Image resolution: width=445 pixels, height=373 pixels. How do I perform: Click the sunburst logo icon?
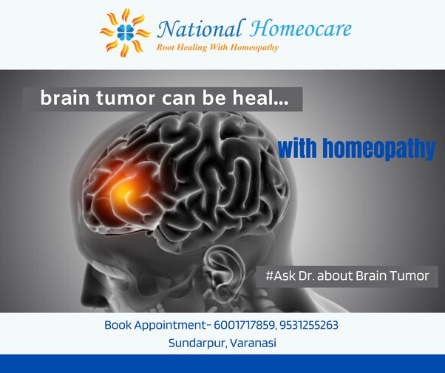point(125,32)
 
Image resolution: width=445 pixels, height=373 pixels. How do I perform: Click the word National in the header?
point(200,29)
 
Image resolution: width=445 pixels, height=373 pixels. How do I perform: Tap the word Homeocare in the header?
point(300,29)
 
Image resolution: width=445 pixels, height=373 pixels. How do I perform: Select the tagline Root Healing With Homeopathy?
point(217,47)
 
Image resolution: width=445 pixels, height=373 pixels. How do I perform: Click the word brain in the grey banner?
point(65,98)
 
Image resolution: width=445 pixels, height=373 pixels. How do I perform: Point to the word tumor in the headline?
point(126,98)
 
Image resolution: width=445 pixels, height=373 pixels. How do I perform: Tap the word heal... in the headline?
point(261,98)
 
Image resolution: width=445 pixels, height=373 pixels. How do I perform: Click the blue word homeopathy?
point(378,148)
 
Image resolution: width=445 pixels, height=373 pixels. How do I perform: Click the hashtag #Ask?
point(280,276)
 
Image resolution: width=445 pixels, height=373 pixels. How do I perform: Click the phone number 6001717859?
point(245,325)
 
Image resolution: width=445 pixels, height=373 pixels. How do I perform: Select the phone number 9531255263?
point(309,325)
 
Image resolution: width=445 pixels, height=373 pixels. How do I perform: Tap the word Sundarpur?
point(197,343)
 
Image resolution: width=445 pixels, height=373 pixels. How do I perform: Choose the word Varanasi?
point(253,343)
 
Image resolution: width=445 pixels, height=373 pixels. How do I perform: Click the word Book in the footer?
point(118,325)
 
